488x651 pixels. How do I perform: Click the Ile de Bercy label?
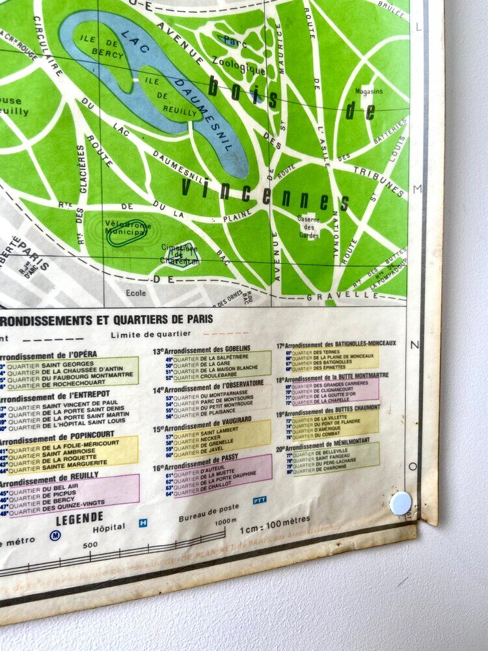[102, 46]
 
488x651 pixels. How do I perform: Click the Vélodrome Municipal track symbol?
[128, 233]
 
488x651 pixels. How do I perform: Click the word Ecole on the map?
[136, 293]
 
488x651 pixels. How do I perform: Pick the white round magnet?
[401, 503]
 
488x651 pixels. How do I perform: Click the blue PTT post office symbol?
[260, 500]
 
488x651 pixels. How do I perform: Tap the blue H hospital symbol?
[143, 522]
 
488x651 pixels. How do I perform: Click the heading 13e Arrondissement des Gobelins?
[201, 350]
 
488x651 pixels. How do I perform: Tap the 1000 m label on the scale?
[225, 521]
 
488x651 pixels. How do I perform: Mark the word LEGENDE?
[79, 518]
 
